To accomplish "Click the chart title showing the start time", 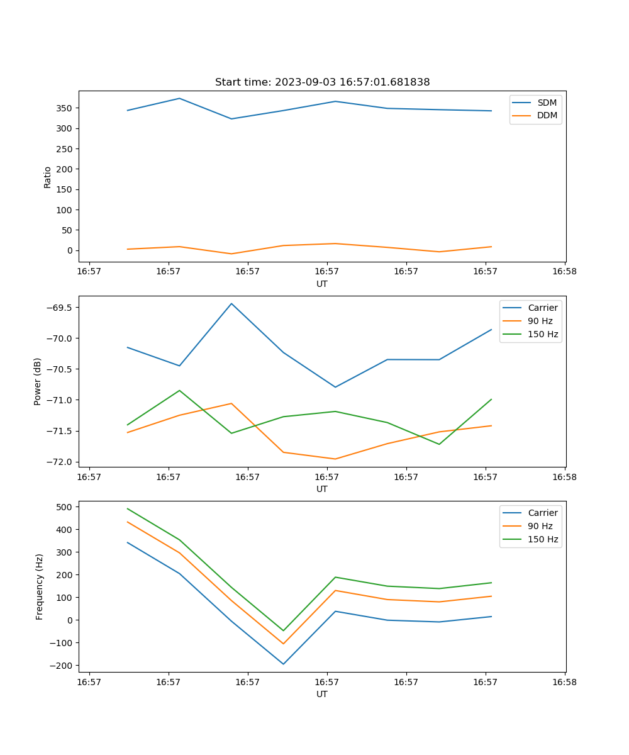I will (322, 82).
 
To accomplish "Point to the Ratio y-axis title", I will (48, 177).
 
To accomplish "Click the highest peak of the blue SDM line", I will (179, 98).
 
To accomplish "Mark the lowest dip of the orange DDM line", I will (231, 254).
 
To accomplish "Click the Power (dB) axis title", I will (38, 381).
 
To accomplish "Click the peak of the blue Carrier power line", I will (231, 303).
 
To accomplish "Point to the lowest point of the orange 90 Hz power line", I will (335, 459).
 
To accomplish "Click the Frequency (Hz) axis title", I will (39, 586).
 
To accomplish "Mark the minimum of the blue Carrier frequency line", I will (283, 664).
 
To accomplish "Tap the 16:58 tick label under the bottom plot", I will (564, 681).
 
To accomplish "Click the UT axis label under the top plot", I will (322, 284).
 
